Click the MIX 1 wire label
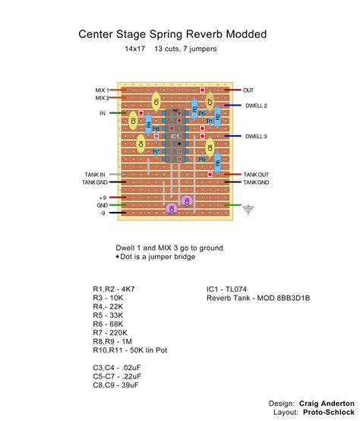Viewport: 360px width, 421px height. [x=102, y=90]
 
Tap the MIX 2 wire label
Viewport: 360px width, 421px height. [x=102, y=98]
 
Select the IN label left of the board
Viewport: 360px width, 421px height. [x=103, y=113]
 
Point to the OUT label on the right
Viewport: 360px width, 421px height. [x=248, y=90]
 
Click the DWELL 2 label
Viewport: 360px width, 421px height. [x=256, y=106]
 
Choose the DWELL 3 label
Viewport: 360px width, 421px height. [x=256, y=136]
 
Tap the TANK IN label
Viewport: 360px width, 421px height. [x=96, y=175]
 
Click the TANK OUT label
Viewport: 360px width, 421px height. [x=255, y=175]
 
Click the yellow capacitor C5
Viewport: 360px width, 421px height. [x=156, y=101]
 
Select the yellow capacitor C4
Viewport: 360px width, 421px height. [x=141, y=143]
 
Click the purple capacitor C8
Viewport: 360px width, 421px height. [x=172, y=208]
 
